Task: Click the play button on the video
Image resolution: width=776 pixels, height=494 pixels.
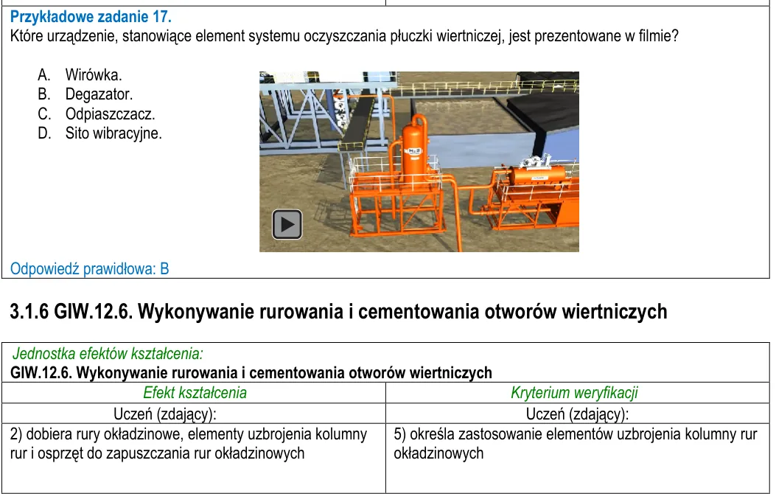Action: click(x=287, y=224)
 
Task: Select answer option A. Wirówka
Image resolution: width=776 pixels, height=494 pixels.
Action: click(x=80, y=75)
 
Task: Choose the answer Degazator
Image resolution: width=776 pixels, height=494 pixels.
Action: click(x=99, y=94)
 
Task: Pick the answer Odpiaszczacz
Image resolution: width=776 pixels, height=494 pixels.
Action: click(x=111, y=114)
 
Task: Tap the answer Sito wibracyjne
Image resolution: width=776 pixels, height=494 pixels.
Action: click(x=113, y=133)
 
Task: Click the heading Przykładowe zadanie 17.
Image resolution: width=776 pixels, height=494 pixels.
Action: click(x=91, y=17)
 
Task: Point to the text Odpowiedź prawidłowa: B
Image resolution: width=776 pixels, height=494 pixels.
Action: click(x=90, y=269)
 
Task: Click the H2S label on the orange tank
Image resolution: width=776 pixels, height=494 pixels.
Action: click(x=414, y=151)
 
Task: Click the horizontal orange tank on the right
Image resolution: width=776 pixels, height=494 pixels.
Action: click(x=536, y=176)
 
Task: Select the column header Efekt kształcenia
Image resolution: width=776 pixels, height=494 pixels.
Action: click(x=195, y=392)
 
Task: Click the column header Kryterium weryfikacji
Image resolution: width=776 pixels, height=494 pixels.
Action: click(x=574, y=392)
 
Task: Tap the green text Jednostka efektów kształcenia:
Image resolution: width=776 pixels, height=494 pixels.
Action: click(x=108, y=353)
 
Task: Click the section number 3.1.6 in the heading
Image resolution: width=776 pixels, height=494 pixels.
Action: click(x=29, y=312)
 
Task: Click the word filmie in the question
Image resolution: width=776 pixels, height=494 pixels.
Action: click(x=654, y=36)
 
